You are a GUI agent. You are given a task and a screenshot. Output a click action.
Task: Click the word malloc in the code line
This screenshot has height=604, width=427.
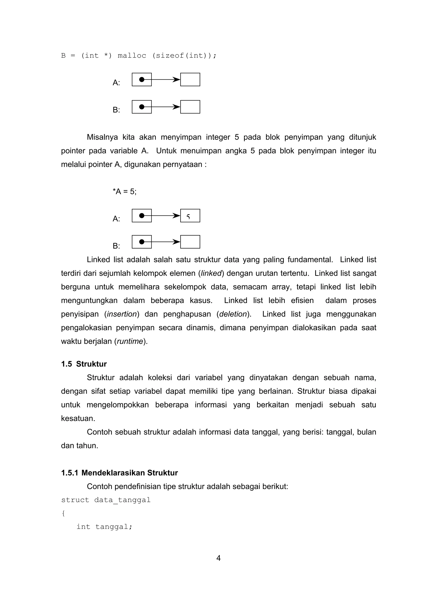pyautogui.click(x=132, y=55)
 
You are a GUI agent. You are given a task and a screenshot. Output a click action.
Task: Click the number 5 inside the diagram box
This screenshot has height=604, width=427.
pyautogui.click(x=188, y=217)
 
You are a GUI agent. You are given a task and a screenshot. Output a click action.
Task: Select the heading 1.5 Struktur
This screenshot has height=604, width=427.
pyautogui.click(x=84, y=364)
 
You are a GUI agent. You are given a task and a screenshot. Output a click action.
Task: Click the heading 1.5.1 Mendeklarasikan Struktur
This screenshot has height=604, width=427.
pyautogui.click(x=119, y=473)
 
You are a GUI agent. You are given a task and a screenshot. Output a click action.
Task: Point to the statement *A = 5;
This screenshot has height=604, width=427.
pyautogui.click(x=124, y=191)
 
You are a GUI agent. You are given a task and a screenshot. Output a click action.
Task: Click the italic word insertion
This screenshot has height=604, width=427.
pyautogui.click(x=122, y=314)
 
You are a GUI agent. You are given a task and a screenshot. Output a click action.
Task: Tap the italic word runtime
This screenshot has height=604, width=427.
pyautogui.click(x=130, y=341)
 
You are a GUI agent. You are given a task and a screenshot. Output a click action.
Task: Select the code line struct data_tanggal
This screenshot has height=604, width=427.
pyautogui.click(x=106, y=500)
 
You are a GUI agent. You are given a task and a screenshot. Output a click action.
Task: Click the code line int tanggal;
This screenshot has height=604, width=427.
pyautogui.click(x=104, y=527)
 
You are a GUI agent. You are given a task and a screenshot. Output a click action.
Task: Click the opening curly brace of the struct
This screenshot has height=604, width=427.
pyautogui.click(x=63, y=513)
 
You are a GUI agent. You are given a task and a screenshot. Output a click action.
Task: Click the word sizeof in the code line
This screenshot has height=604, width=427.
pyautogui.click(x=170, y=55)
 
